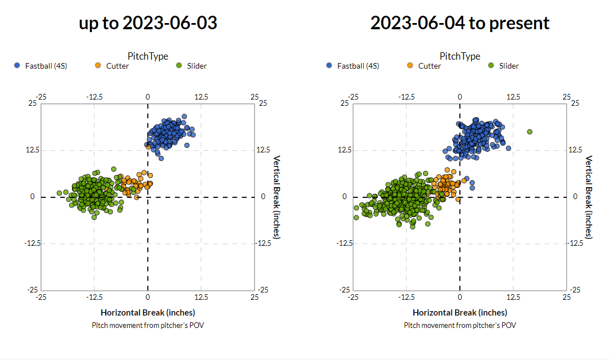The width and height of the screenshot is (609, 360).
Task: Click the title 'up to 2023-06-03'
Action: click(148, 23)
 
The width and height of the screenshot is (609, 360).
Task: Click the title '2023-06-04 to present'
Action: click(460, 23)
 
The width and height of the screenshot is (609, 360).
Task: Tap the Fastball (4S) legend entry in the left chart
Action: click(40, 66)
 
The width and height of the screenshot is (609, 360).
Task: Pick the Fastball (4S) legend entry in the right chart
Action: click(353, 66)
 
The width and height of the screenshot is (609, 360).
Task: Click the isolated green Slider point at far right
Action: click(530, 132)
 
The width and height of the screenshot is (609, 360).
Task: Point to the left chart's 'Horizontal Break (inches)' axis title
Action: click(148, 312)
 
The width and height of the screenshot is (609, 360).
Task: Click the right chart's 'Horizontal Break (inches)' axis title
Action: click(460, 312)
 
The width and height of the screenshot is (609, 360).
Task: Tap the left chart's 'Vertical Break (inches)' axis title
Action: click(277, 197)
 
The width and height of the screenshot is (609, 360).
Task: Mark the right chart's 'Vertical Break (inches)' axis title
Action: click(589, 197)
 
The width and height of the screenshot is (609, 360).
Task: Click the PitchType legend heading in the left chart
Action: click(148, 56)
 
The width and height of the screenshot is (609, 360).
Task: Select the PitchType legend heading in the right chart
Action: click(460, 56)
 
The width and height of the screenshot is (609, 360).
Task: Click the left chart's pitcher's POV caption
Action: click(148, 325)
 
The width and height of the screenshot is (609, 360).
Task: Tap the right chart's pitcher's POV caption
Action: click(460, 325)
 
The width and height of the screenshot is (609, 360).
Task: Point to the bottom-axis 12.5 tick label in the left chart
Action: click(201, 296)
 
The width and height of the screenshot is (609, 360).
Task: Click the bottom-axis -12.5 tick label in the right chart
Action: click(407, 296)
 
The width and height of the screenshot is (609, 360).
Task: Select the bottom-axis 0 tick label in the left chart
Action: click(148, 296)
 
